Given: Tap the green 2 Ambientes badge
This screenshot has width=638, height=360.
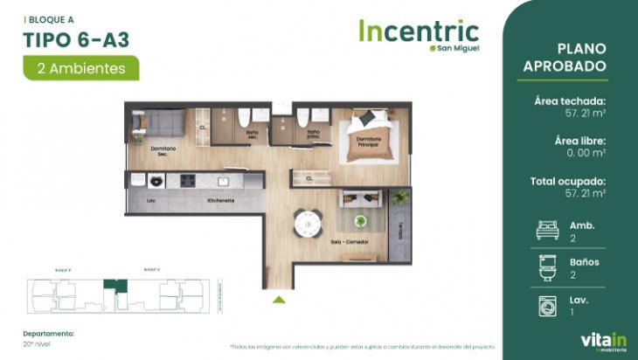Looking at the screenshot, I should (81, 66).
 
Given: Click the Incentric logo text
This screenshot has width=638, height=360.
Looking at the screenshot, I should (419, 31).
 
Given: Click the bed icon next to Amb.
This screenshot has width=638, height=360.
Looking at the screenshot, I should (548, 231).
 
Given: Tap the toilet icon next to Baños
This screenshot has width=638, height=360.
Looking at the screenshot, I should (548, 267).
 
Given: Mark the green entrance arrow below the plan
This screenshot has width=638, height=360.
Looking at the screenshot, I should (278, 300).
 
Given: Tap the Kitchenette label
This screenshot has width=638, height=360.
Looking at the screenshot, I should (220, 201).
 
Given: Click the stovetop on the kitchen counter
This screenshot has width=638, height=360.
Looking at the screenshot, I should (188, 181).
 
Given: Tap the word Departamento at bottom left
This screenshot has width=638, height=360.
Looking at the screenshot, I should (48, 333).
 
